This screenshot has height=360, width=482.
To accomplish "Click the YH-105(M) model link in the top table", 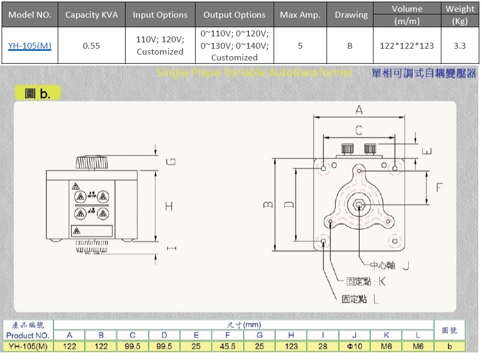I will tap(30, 45).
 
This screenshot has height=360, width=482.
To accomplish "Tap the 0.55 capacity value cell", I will tap(91, 45).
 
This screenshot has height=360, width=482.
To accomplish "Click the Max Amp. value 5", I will tap(300, 45).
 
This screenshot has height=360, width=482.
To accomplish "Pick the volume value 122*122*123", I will tap(407, 45).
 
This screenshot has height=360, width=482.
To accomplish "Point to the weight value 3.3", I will tap(460, 45).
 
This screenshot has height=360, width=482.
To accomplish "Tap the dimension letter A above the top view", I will tap(359, 110).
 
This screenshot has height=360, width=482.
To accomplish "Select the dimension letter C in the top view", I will tap(359, 129).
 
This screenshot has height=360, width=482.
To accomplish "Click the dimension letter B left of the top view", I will tap(269, 204).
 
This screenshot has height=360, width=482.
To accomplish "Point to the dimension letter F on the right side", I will tap(439, 188).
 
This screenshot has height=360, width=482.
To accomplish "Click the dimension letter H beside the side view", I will tap(169, 205).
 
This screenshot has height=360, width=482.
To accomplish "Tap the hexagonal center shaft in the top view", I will tap(359, 205).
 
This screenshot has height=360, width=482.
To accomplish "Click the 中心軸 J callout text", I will tap(390, 265).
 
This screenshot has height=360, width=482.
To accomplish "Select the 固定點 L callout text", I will tap(361, 300).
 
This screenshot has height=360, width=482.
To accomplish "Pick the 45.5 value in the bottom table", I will tap(228, 346).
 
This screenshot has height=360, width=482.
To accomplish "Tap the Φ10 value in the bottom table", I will tap(355, 346).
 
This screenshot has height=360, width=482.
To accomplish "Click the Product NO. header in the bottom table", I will tap(28, 335).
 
